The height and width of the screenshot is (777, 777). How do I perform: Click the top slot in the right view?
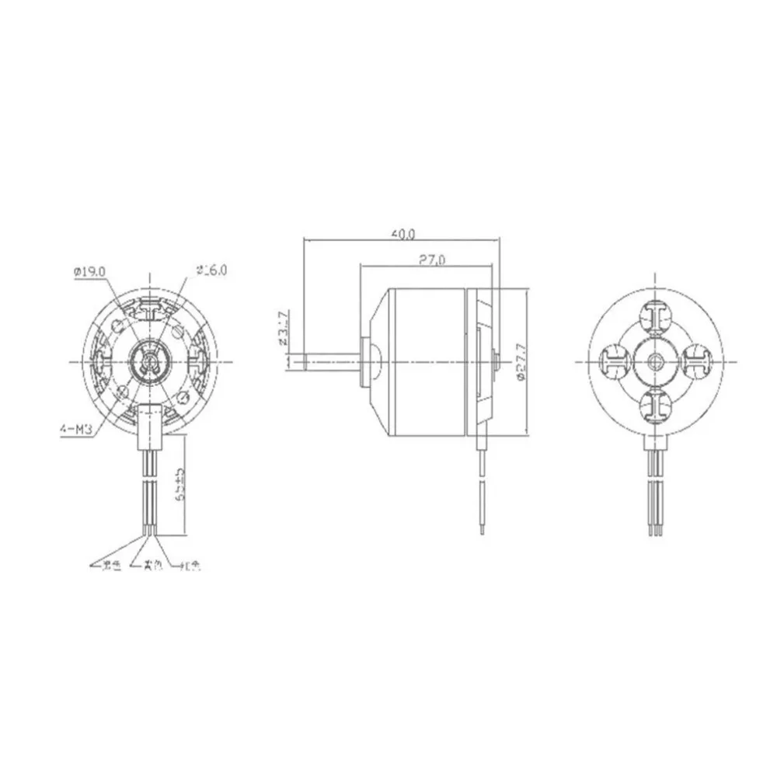click(x=657, y=317)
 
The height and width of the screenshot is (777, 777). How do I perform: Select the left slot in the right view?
click(x=615, y=360)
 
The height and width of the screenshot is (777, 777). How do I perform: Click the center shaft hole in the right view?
click(x=657, y=361)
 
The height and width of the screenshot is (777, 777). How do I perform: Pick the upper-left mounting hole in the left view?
click(x=118, y=326)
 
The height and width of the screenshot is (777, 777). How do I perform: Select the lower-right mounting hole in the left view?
click(x=183, y=397)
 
